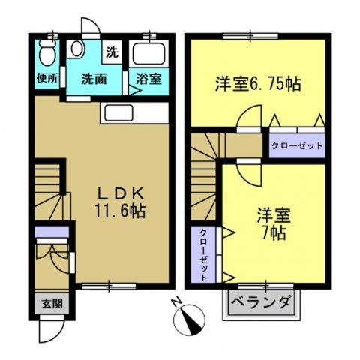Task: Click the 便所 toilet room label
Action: pos(46,77)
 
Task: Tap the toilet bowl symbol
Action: pos(46,53)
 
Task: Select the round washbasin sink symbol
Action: pos(76,50)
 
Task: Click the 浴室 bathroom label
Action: pos(147,77)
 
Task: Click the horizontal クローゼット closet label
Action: pos(296,145)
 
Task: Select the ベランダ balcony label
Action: pos(262,304)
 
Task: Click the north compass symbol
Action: pos(189,321)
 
